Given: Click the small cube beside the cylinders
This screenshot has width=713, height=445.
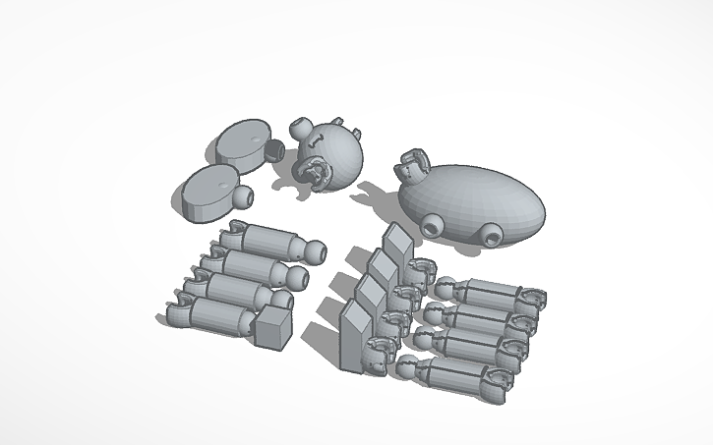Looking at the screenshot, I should pos(273,326).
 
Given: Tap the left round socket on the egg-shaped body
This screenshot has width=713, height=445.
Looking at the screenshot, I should pos(431,228).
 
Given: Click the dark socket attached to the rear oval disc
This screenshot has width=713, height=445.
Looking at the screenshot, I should pos(275,149).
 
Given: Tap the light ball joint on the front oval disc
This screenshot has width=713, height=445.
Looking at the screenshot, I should pos(242,197).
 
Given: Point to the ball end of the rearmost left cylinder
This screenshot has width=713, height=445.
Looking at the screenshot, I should pos(315,251).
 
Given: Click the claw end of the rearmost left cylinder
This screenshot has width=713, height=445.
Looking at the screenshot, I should pos(234,231).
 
